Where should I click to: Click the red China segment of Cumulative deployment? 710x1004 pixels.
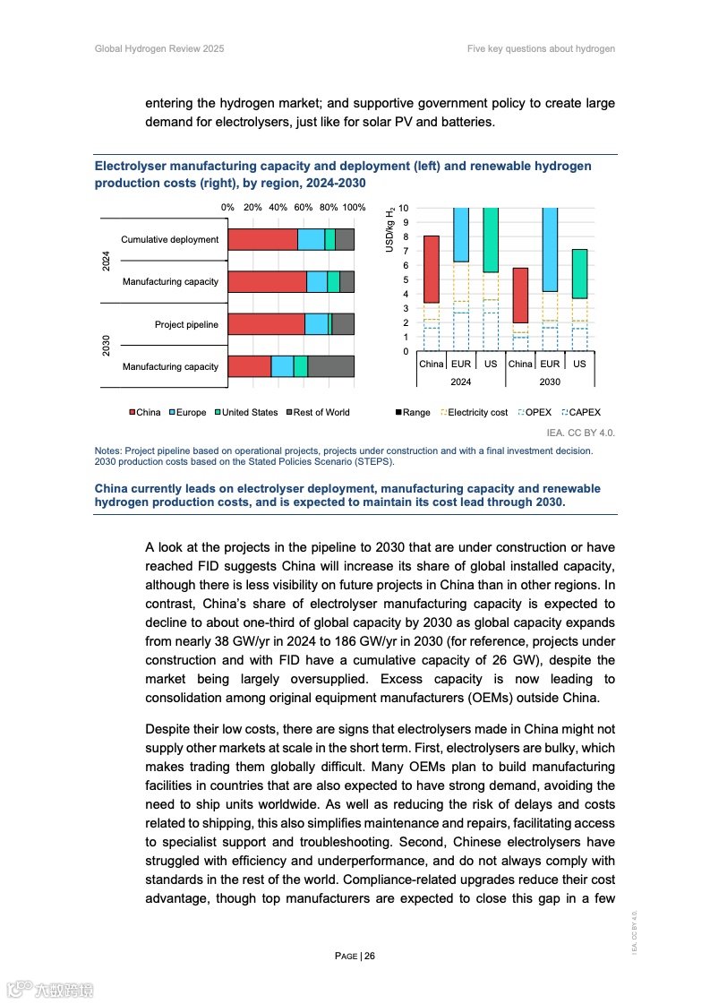pyautogui.click(x=262, y=239)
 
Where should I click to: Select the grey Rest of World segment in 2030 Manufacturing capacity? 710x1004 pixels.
pyautogui.click(x=330, y=366)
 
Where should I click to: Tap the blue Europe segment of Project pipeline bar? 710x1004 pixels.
pyautogui.click(x=316, y=324)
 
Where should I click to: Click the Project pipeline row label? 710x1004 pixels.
pyautogui.click(x=186, y=324)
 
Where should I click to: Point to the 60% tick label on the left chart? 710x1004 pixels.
pyautogui.click(x=304, y=207)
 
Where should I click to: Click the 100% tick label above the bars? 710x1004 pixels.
pyautogui.click(x=354, y=207)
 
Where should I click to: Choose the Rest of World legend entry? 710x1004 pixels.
pyautogui.click(x=317, y=412)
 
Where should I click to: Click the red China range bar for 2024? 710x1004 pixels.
pyautogui.click(x=431, y=270)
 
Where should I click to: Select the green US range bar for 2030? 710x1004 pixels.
pyautogui.click(x=579, y=274)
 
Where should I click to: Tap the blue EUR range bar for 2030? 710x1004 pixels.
pyautogui.click(x=550, y=250)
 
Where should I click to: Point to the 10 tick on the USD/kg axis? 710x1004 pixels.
pyautogui.click(x=405, y=208)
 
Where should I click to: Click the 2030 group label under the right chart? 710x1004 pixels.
pyautogui.click(x=550, y=382)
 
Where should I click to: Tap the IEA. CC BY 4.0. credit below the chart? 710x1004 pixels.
pyautogui.click(x=580, y=433)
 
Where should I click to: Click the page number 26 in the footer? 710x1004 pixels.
pyautogui.click(x=369, y=956)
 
